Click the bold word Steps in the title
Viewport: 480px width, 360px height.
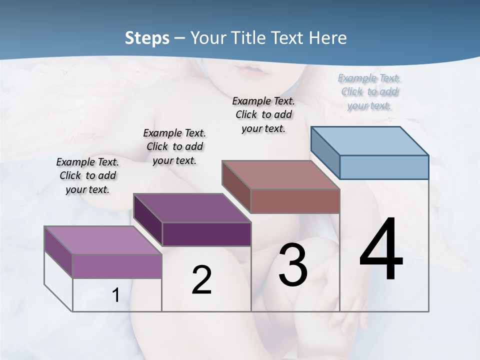(x=147, y=38)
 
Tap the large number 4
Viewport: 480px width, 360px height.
(x=381, y=250)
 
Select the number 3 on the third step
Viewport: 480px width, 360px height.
(x=293, y=265)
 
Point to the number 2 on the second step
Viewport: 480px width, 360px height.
(x=201, y=280)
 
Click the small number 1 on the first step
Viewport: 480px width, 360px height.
(x=115, y=295)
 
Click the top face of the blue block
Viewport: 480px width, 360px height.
(x=369, y=140)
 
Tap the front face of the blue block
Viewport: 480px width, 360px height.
(x=384, y=167)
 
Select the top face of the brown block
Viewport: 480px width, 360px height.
(x=280, y=175)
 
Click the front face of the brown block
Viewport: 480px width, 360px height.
(x=295, y=201)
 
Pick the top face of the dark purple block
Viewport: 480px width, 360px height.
(x=192, y=208)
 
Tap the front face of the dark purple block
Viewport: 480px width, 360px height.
(x=206, y=234)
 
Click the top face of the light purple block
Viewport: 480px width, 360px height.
(x=102, y=240)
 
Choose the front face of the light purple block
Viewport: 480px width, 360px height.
(x=117, y=266)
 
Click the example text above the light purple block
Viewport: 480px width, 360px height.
(x=87, y=175)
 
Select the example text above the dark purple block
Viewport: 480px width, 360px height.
(x=174, y=146)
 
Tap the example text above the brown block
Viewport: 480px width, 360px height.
(x=263, y=114)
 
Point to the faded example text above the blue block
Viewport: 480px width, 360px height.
(x=369, y=91)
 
